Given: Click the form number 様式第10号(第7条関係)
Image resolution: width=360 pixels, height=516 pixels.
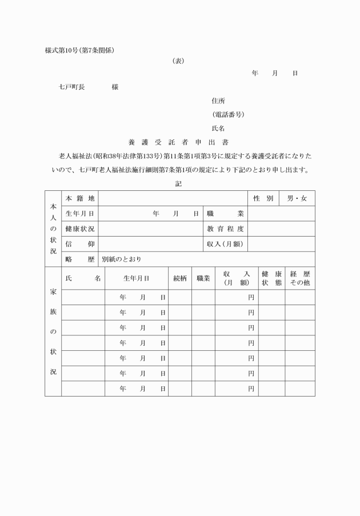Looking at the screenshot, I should (79, 50).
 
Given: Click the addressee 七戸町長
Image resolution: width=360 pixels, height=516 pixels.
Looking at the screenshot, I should (72, 87).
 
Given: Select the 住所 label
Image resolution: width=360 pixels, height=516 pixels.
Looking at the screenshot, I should (218, 101).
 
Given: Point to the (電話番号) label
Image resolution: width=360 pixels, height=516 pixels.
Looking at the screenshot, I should (228, 114).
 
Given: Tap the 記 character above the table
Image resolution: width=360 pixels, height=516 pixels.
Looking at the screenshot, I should (179, 184).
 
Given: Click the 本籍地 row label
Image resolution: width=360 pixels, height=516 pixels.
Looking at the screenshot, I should (79, 198).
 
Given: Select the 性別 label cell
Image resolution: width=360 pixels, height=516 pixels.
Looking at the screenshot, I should (263, 198).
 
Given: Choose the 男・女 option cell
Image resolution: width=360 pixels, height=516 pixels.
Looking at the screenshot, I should (297, 198).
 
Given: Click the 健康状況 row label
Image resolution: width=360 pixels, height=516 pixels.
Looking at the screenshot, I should (79, 229).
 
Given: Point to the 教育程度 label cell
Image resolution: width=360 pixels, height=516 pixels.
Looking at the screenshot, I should (225, 229).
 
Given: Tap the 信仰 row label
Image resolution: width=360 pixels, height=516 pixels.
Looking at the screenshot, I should (79, 244).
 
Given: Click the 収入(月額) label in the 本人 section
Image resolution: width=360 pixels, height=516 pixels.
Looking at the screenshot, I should (225, 244).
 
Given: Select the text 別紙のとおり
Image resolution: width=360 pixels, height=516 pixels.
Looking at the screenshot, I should (122, 259).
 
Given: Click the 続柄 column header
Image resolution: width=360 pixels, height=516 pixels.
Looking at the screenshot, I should (179, 278).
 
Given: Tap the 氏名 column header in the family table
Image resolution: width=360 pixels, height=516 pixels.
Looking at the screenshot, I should (83, 278).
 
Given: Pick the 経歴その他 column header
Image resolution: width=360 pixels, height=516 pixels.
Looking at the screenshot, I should (300, 278).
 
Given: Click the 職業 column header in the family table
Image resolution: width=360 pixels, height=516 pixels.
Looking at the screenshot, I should (203, 278).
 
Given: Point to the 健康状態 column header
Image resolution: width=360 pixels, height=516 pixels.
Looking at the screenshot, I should (271, 278).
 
